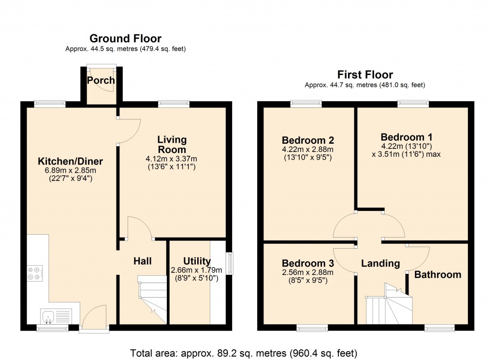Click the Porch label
click(101, 80)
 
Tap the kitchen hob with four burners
click(35, 274)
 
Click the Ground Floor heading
click(126, 39)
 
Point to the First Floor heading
click(365, 75)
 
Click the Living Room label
click(172, 145)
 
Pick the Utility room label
click(197, 261)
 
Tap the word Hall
click(143, 261)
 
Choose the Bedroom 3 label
click(308, 263)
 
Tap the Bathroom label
click(437, 275)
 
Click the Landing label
click(380, 263)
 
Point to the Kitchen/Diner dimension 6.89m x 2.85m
click(71, 170)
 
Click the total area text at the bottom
click(244, 353)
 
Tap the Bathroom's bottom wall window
click(439, 328)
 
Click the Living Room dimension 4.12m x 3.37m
click(172, 158)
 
